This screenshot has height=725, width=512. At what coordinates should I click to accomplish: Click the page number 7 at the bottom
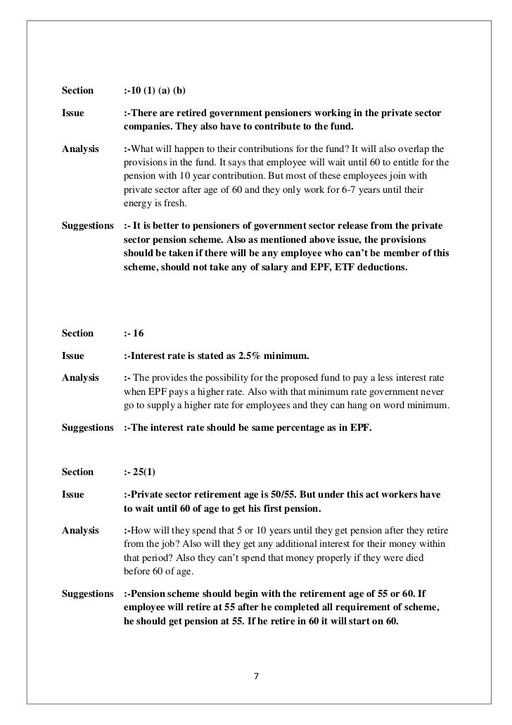point(256,677)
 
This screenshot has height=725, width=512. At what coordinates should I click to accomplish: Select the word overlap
point(416,149)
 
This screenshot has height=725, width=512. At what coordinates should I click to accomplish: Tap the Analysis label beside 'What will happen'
point(79,149)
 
